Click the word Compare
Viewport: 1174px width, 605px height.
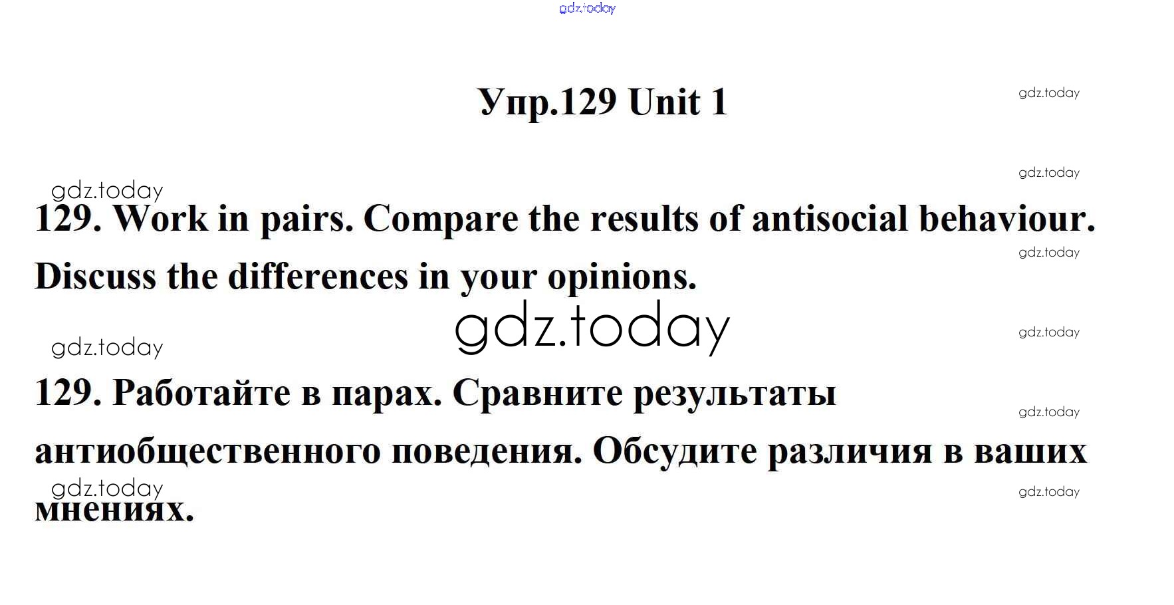(441, 220)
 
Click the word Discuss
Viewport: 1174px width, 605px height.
(95, 276)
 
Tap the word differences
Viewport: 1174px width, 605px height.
(318, 276)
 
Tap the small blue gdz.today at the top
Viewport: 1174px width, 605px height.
(588, 8)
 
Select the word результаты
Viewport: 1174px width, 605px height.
(735, 394)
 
